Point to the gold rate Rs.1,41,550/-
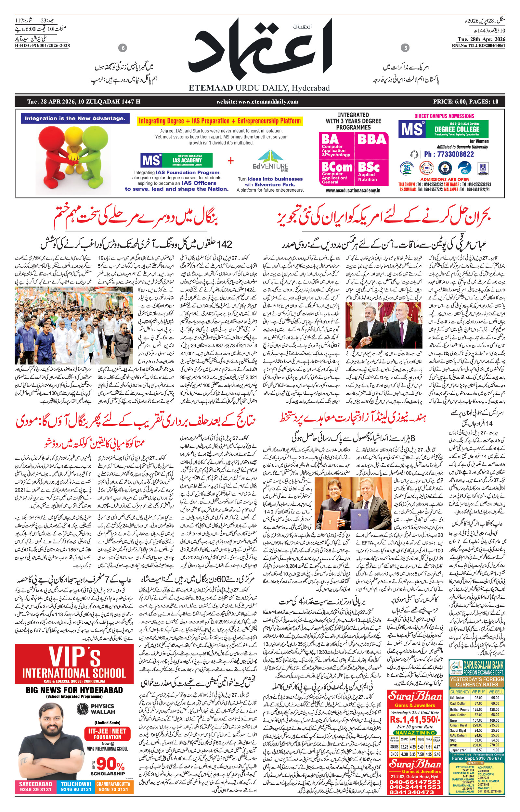click(x=415, y=719)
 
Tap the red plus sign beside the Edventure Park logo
click(x=231, y=160)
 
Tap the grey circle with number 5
click(x=406, y=48)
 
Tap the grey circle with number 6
click(x=123, y=48)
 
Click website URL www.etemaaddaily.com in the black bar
click(x=257, y=102)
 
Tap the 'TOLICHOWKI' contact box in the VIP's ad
click(x=76, y=786)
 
